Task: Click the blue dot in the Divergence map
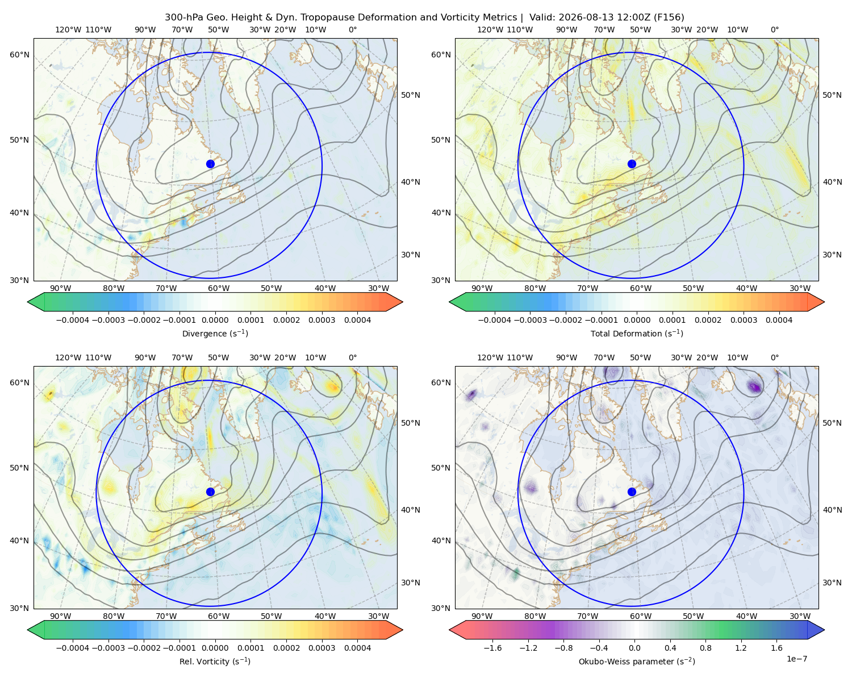(x=210, y=164)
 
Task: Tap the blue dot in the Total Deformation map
(x=632, y=164)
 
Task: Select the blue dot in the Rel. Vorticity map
(x=210, y=492)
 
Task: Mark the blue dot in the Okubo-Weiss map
(x=632, y=492)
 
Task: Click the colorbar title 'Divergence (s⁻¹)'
(x=215, y=334)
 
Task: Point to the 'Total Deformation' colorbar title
(x=637, y=334)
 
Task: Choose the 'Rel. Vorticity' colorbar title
(x=215, y=662)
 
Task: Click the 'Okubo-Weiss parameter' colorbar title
(x=637, y=662)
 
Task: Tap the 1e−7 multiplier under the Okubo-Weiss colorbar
(x=796, y=659)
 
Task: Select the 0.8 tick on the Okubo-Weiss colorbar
(x=705, y=648)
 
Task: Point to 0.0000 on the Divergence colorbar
(x=215, y=320)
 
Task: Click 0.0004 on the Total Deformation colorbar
(x=779, y=320)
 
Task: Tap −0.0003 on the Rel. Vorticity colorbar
(x=108, y=648)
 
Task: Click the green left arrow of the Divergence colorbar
(x=36, y=302)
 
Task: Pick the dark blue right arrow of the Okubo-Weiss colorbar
(x=816, y=630)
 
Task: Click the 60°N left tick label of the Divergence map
(x=19, y=55)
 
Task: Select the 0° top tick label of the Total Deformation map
(x=774, y=30)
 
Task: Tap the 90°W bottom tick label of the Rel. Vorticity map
(x=61, y=616)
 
